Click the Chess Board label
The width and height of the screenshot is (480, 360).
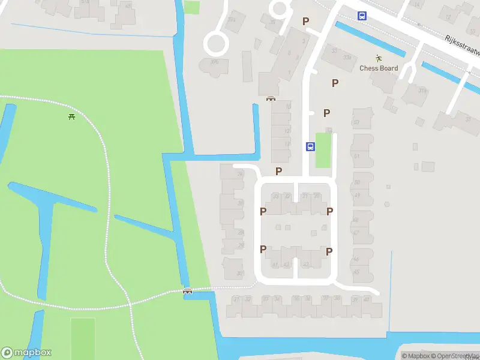[x=379, y=68]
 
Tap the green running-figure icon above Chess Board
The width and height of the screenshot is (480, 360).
[x=379, y=58]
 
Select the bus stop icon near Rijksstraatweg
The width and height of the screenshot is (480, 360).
[x=362, y=16]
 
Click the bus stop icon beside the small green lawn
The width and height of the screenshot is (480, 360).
[x=310, y=146]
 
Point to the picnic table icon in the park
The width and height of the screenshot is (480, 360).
[x=71, y=116]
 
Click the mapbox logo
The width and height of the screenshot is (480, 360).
[x=26, y=353]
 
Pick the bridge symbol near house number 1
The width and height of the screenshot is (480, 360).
[x=271, y=98]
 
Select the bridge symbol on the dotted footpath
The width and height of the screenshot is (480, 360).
[x=188, y=291]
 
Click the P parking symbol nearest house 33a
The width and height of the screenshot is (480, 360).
[x=335, y=83]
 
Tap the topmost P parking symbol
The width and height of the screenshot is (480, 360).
[x=305, y=22]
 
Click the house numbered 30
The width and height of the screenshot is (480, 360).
[x=240, y=274]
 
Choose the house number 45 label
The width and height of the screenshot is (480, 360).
[x=356, y=272]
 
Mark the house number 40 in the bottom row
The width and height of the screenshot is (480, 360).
[x=366, y=299]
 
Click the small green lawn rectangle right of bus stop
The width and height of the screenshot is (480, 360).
[x=323, y=150]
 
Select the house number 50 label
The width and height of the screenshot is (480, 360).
[x=356, y=123]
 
